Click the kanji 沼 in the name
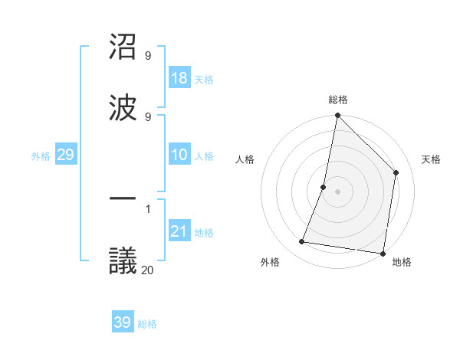click(x=123, y=47)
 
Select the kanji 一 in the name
click(x=123, y=200)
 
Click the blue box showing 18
click(x=179, y=78)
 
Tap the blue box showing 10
click(x=179, y=155)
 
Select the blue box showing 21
click(x=179, y=232)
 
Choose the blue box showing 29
click(x=65, y=155)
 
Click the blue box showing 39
click(x=123, y=322)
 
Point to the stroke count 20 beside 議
click(x=147, y=270)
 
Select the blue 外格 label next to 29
click(x=41, y=156)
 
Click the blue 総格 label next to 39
click(x=147, y=324)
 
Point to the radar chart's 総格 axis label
click(x=337, y=100)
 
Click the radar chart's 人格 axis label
click(x=245, y=159)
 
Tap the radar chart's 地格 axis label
click(x=402, y=262)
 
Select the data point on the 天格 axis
click(x=396, y=172)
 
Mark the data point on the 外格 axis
click(x=302, y=242)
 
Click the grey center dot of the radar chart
click(x=337, y=191)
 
